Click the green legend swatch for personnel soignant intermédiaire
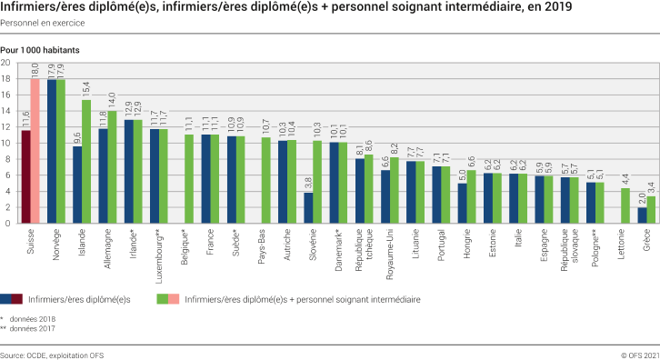pos(163,298)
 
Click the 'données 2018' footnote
pos(34,319)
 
